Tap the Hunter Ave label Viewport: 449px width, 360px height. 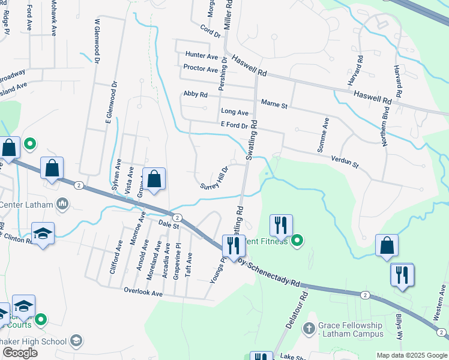pos(201,56)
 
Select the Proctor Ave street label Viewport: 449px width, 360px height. pos(200,69)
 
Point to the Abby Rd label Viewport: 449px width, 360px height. pos(195,94)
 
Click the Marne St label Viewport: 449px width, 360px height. pos(274,106)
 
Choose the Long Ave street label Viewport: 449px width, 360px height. pos(234,112)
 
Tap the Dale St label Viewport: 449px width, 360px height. pos(169,224)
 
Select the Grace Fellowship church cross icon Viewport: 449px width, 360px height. pos(309,329)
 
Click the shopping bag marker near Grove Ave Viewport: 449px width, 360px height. pos(154,179)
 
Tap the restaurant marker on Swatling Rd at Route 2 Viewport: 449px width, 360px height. pos(232,245)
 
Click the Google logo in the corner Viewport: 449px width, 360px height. pos(20,353)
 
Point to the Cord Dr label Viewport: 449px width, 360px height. pos(211,31)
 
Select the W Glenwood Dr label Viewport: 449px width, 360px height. pos(97,41)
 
